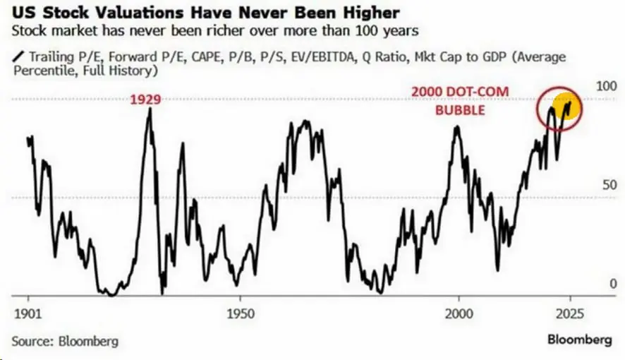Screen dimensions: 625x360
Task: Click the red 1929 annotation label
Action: [x=145, y=100]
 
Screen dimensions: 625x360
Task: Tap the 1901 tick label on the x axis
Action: [x=28, y=313]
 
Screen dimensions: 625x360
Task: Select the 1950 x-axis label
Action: [x=241, y=313]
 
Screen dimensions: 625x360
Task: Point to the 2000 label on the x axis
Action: [x=459, y=313]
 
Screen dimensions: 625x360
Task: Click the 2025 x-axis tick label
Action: [x=570, y=313]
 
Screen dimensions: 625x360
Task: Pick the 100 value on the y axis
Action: [x=606, y=85]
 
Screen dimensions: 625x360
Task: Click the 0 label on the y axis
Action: [x=613, y=284]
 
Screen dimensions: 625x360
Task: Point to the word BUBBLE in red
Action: [x=460, y=109]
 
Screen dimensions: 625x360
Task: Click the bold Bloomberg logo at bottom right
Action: [x=580, y=340]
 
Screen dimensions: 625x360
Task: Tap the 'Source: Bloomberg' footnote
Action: [x=65, y=341]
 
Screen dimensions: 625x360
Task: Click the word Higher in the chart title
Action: [x=370, y=13]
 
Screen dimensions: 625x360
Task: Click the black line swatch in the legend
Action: [x=18, y=56]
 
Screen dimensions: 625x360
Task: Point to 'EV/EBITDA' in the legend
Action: [x=323, y=57]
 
